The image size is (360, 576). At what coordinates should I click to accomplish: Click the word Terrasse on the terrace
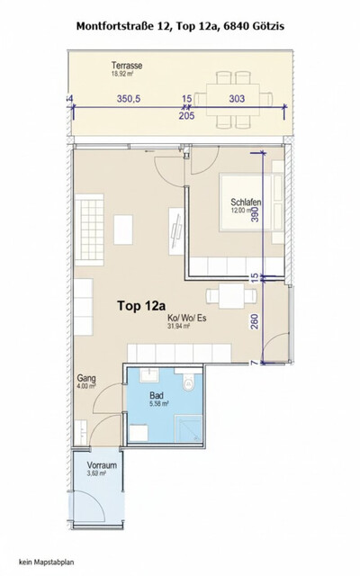90,66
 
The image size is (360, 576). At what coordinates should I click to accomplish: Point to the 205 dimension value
186,114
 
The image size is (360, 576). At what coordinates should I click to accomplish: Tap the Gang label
86,379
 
